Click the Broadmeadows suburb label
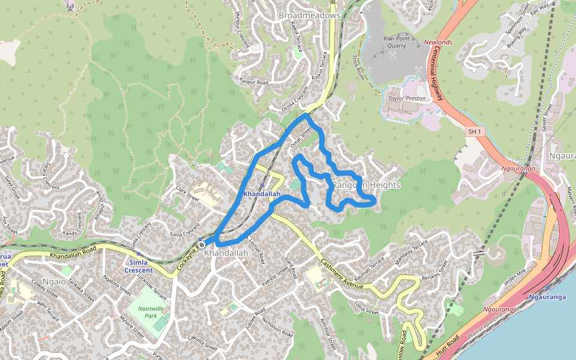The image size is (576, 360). click(x=309, y=14)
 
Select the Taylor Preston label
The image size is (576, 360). click(x=407, y=98)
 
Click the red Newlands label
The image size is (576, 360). click(x=438, y=43)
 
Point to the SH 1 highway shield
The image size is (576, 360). click(x=475, y=131)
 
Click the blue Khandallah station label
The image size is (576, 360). click(x=262, y=194)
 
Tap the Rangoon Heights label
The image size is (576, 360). click(x=366, y=185)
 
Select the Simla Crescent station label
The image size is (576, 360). click(x=138, y=266)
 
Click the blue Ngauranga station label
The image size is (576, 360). click(x=548, y=297)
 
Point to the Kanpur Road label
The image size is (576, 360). click(x=254, y=80)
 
